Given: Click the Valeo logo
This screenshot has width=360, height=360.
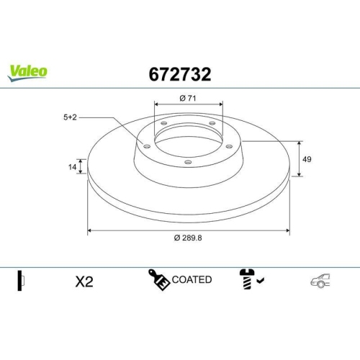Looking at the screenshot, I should pyautogui.click(x=28, y=71).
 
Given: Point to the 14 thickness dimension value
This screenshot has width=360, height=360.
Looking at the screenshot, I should pyautogui.click(x=73, y=167).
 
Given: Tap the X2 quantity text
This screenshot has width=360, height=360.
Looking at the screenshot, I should pyautogui.click(x=85, y=282).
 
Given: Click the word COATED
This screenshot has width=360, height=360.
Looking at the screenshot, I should pyautogui.click(x=192, y=279).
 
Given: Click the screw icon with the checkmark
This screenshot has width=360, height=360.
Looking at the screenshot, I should pyautogui.click(x=246, y=280).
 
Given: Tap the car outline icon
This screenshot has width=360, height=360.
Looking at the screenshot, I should pyautogui.click(x=320, y=282).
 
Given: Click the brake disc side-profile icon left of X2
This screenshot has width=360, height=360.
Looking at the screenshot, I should pyautogui.click(x=21, y=281).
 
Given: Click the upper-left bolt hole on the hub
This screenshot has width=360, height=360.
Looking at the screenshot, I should pyautogui.click(x=164, y=124).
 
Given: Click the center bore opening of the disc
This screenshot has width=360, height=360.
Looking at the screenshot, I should pyautogui.click(x=188, y=141).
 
